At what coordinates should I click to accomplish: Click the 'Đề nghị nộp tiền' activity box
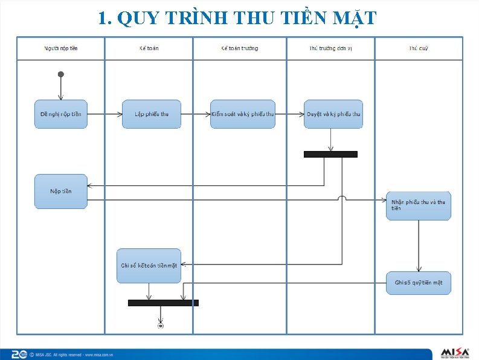tap(60, 114)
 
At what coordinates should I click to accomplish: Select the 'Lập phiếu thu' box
tap(152, 114)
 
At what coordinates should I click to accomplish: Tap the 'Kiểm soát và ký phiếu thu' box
tap(243, 114)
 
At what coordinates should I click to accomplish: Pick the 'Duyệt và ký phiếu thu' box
tap(333, 114)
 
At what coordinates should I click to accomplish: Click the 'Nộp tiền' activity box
tap(60, 191)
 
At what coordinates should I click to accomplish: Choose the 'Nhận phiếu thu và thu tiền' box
tap(419, 205)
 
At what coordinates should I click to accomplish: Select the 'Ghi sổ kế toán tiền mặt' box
tap(149, 266)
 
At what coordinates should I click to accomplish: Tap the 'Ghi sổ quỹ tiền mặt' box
tap(419, 283)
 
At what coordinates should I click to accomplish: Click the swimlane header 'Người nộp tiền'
tap(60, 48)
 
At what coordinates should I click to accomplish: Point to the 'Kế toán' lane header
tap(149, 48)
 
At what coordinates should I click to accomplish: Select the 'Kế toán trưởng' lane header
tap(240, 48)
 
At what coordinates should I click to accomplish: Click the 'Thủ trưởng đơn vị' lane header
tap(330, 48)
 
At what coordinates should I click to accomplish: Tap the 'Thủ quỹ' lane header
tap(419, 48)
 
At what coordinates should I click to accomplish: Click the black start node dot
tap(60, 74)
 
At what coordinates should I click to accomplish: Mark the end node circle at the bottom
tap(161, 326)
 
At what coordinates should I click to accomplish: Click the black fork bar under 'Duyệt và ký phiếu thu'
tap(330, 154)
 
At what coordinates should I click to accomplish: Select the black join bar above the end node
tap(163, 303)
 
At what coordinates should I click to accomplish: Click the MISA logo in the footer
tap(455, 352)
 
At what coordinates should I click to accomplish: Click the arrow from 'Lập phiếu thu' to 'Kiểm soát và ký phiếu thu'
tap(196, 114)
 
